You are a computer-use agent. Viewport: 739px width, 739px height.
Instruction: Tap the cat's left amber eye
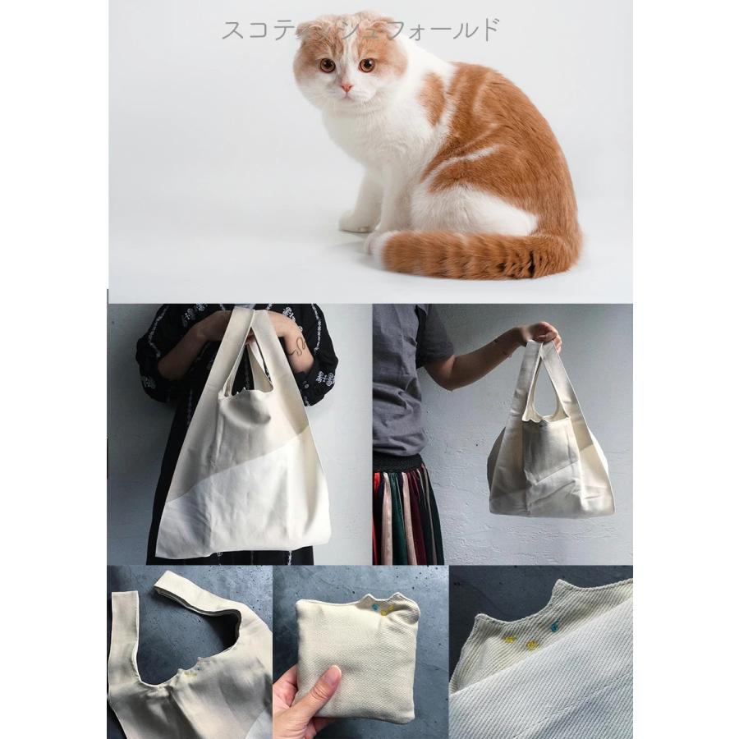[x=327, y=65]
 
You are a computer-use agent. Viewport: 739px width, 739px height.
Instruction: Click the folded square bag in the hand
[x=357, y=657]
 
